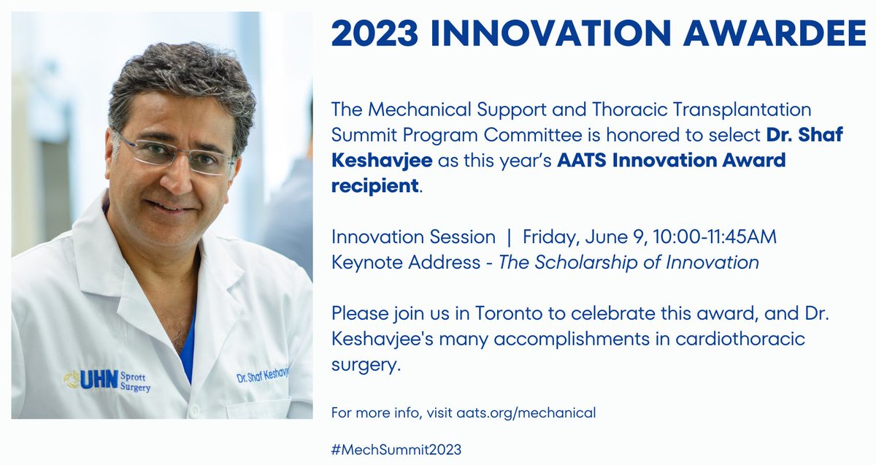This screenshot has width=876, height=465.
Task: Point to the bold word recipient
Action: pos(375,185)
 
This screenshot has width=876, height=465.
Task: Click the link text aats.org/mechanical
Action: pos(526,412)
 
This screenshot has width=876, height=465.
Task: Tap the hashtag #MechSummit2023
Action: pos(396,449)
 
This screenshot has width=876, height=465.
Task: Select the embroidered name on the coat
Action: pos(263,376)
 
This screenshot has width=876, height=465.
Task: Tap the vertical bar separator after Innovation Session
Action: pos(509,237)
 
